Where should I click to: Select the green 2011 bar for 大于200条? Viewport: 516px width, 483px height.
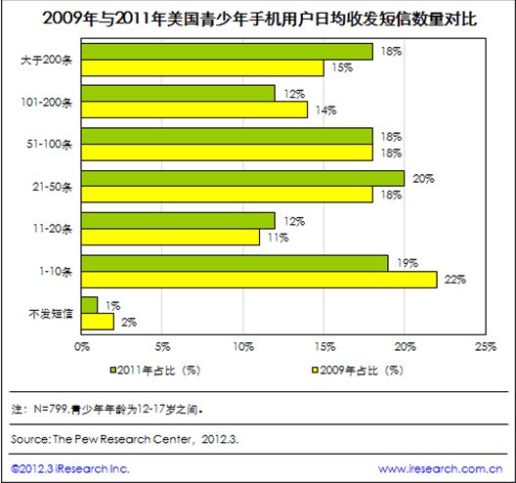coord(227,51)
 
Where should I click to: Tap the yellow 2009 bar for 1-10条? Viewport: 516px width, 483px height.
coord(259,280)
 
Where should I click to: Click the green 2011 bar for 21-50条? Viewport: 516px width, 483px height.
coord(242,178)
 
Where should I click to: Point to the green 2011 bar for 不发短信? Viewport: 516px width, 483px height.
coord(90,305)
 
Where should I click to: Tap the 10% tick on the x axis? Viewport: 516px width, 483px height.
coord(243,346)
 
